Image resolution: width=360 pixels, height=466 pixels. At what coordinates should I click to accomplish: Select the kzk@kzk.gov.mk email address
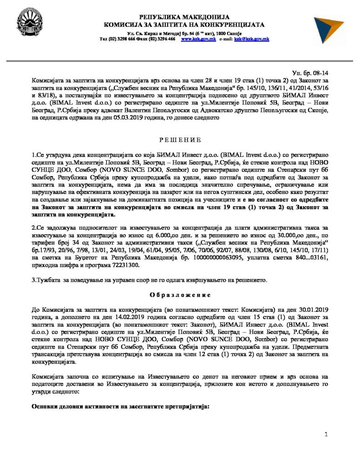pos(251,39)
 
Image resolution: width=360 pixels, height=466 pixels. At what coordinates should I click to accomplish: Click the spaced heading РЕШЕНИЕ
pos(179,139)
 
